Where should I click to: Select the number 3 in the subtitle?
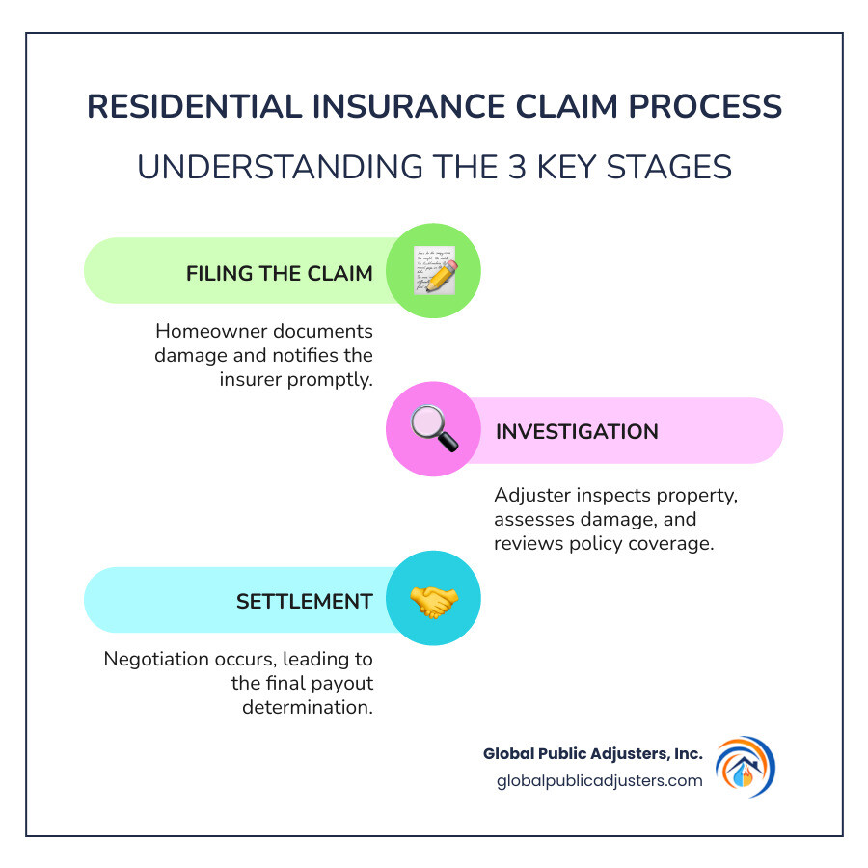coord(495,166)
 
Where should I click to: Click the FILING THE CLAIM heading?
coord(279,273)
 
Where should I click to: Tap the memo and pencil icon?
coord(433,271)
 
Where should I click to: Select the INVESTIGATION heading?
coord(577,431)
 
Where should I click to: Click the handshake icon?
coord(433,600)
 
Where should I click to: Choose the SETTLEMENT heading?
coord(304,601)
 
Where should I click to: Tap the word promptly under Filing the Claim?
coord(331,378)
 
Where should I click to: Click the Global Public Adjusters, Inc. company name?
coord(593,753)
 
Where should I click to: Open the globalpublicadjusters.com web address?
coord(597,780)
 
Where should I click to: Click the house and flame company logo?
coord(744,767)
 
